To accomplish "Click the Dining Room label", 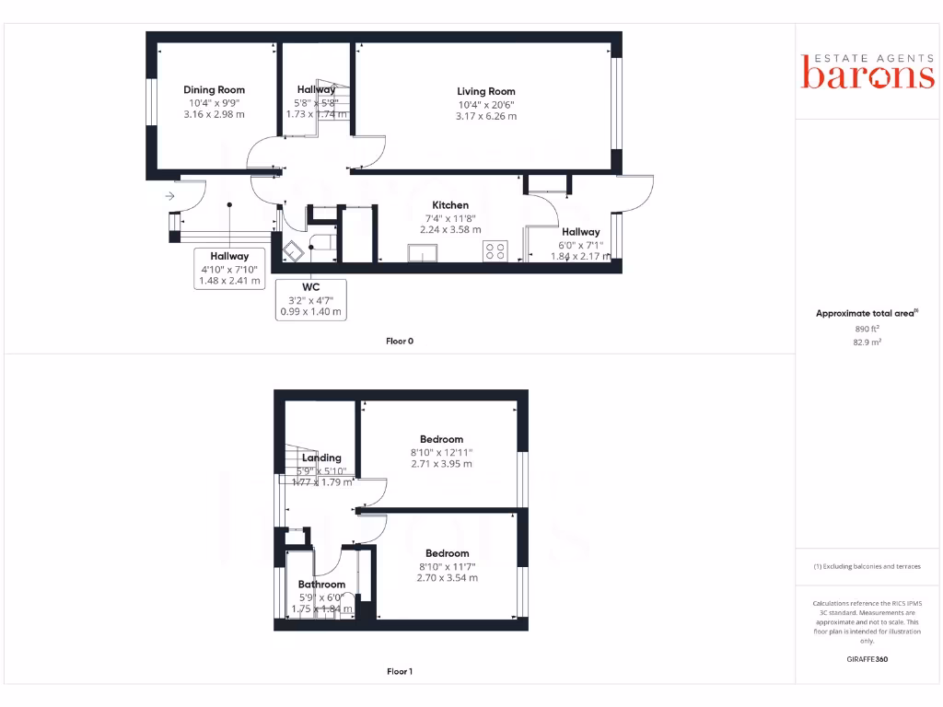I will click(214, 90).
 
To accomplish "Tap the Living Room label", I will click(486, 91).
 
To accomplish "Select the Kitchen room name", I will click(451, 205).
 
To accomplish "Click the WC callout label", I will click(310, 287).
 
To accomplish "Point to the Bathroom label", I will click(321, 585).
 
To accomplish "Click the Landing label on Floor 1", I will click(321, 458).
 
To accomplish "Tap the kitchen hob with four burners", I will click(495, 250).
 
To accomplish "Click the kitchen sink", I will click(424, 252).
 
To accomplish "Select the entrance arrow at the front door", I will click(170, 196).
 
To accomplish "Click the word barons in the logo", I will click(867, 76).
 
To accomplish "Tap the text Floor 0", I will click(400, 341).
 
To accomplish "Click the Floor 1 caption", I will click(400, 671).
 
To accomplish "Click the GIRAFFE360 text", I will click(867, 659).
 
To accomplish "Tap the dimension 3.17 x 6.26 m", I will click(486, 116).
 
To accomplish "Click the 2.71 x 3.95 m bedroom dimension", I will click(441, 464).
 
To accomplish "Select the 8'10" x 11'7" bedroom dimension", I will click(448, 566).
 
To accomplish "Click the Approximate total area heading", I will click(865, 314).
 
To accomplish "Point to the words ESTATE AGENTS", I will click(867, 56).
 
